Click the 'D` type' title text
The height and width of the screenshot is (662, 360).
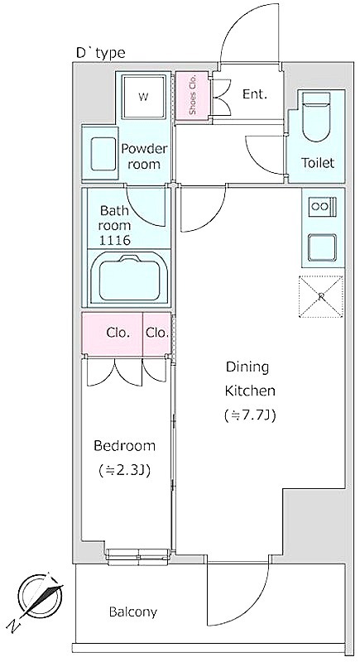click(100, 52)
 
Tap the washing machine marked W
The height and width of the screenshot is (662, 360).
click(143, 97)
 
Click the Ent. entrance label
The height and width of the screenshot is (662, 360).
click(255, 94)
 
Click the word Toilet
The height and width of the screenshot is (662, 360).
click(317, 162)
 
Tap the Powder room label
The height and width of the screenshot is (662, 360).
click(144, 156)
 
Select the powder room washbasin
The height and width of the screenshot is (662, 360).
click(103, 154)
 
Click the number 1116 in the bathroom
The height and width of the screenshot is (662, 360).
click(114, 240)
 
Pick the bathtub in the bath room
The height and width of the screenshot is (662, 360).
click(129, 280)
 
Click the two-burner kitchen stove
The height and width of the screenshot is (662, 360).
click(323, 206)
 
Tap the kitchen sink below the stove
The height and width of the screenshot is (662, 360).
click(323, 247)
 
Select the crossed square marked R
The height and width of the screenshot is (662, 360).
click(321, 296)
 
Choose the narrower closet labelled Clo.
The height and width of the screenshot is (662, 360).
click(157, 333)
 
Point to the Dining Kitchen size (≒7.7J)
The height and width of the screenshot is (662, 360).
click(250, 416)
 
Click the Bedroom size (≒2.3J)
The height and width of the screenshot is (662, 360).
click(124, 470)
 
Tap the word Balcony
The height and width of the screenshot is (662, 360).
click(133, 612)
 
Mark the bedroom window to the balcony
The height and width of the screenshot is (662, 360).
click(138, 556)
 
